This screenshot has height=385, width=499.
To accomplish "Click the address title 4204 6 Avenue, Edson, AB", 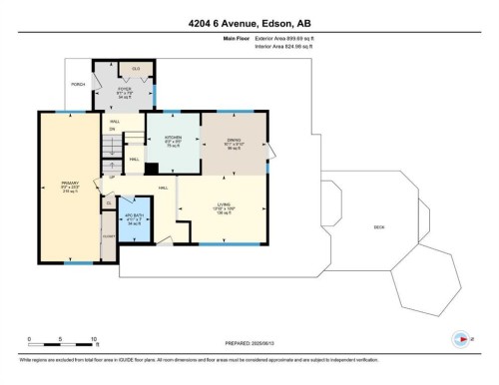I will click(249, 20).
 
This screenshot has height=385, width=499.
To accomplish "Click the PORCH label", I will click(76, 83).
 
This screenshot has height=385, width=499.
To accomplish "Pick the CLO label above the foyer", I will click(135, 68).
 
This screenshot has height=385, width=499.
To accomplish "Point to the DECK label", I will click(379, 226).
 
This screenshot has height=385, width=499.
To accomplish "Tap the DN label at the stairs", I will click(113, 129).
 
